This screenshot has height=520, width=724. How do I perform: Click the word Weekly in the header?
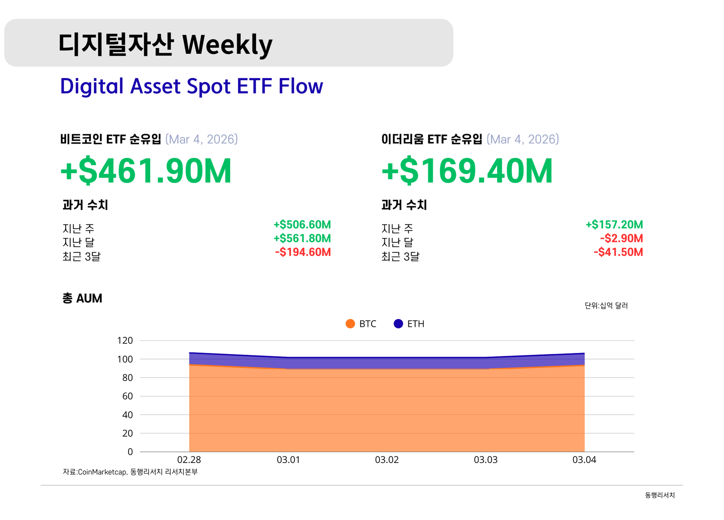pos(227,44)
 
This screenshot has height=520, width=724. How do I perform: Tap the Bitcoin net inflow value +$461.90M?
pos(146,171)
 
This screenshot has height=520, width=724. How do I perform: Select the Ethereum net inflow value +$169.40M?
pos(467,171)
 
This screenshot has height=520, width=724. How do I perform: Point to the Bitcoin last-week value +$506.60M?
pos(302,225)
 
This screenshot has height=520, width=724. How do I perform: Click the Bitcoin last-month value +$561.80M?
pos(302,238)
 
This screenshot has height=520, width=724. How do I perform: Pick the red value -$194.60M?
pos(303,252)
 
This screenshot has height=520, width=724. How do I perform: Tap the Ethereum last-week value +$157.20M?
pos(614,225)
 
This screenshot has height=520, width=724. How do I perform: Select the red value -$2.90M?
pos(621,238)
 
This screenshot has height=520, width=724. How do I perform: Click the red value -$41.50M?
pos(618,252)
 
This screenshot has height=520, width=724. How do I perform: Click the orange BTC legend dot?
pos(350,324)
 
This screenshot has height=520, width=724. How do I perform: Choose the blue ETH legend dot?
pos(398,324)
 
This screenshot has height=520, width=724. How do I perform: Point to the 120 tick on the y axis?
pos(125,340)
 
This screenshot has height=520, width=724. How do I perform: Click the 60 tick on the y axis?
pos(127,396)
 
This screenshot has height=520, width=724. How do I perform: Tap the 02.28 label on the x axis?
pos(189,460)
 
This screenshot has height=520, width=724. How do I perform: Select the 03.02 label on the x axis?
pos(387,460)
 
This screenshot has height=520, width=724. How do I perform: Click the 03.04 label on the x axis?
pos(584,460)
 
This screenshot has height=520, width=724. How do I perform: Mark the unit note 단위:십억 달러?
pos(606,306)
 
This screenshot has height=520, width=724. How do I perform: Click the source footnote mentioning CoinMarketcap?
pos(130,472)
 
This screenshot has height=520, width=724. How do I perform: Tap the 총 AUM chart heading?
pos(82,298)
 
